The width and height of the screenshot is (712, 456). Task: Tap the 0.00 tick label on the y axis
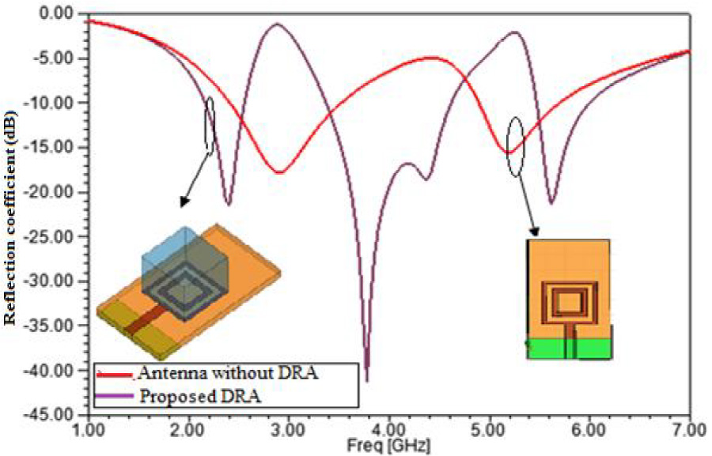pyautogui.click(x=56, y=13)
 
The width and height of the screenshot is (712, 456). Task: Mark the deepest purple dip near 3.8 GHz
pyautogui.click(x=366, y=379)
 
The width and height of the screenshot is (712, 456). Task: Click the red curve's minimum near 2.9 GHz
pyautogui.click(x=278, y=172)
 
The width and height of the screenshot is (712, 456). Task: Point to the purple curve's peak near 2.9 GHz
pyautogui.click(x=278, y=24)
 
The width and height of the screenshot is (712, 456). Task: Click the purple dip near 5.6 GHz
pyautogui.click(x=551, y=202)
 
